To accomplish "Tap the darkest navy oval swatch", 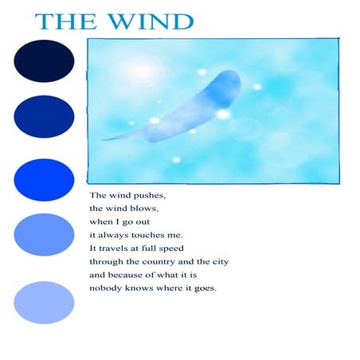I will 44,61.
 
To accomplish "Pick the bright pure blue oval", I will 44,177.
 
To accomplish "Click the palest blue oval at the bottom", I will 44,301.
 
